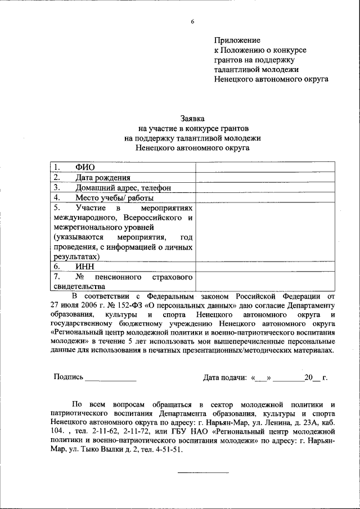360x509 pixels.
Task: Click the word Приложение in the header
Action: tap(237, 40)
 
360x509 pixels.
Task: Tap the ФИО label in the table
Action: tap(85, 167)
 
